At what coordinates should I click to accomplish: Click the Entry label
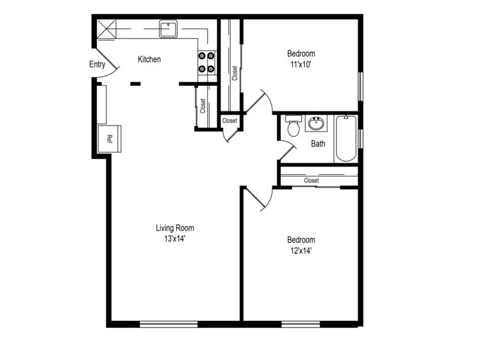[97, 64]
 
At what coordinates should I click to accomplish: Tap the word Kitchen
[149, 60]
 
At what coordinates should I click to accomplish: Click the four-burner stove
[206, 63]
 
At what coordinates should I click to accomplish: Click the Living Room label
[174, 228]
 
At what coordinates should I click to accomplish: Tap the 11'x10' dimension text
[301, 65]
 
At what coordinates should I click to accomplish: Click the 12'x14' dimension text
[301, 251]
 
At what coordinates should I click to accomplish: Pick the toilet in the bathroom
[294, 127]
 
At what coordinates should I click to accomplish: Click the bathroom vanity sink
[315, 123]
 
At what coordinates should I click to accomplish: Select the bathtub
[345, 138]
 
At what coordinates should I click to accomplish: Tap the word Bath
[318, 143]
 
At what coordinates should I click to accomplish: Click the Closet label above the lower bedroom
[311, 181]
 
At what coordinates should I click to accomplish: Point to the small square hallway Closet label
[229, 120]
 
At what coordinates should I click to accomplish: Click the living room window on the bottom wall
[169, 323]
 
